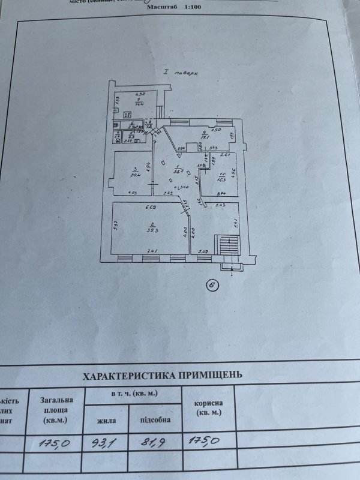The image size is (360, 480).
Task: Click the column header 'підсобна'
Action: [x=155, y=420]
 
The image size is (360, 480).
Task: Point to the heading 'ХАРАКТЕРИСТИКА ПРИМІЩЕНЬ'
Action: [x=163, y=376]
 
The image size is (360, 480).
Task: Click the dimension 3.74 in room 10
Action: [x=221, y=193]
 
